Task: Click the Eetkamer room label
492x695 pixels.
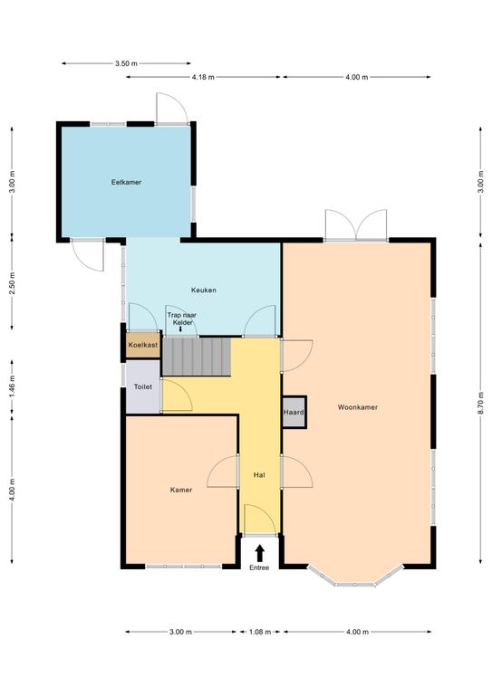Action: (x=126, y=182)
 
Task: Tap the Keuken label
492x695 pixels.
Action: (x=204, y=290)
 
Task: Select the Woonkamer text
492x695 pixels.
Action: (x=358, y=407)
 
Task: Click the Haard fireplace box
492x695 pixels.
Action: (x=294, y=412)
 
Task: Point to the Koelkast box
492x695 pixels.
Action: (x=143, y=345)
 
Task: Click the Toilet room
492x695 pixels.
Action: (x=143, y=386)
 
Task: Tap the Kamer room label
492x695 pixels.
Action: (x=181, y=490)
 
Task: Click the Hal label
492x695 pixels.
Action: (x=259, y=475)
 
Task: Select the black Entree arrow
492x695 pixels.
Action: (x=259, y=553)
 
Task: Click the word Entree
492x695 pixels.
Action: (x=259, y=567)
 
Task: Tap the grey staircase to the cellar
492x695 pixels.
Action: (x=197, y=357)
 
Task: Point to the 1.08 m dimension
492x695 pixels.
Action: (x=259, y=632)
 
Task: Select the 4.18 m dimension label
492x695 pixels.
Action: (x=203, y=77)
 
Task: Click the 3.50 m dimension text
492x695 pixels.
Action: (x=126, y=63)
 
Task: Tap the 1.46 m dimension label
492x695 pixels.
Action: (x=12, y=386)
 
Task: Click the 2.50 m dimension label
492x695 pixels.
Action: (x=12, y=283)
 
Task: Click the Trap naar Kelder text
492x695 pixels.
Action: (x=182, y=319)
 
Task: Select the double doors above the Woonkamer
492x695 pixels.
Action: (x=356, y=225)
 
